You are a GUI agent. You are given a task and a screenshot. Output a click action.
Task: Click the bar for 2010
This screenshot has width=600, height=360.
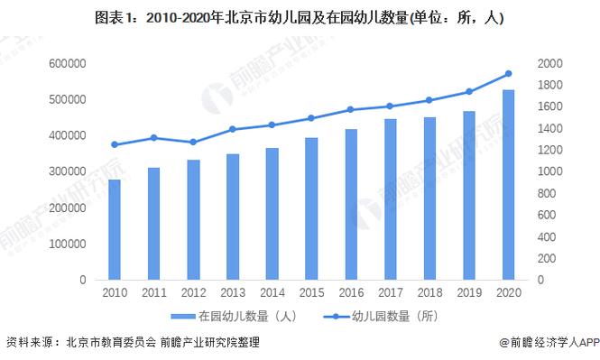point(115,230)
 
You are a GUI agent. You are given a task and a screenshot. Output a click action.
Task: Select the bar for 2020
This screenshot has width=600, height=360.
point(509,185)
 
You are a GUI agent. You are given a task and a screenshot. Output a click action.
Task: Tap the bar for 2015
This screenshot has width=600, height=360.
point(311,208)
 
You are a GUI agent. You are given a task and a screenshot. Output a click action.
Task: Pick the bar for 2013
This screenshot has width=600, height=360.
point(233,217)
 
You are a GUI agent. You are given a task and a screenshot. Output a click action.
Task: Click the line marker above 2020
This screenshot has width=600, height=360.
point(509,74)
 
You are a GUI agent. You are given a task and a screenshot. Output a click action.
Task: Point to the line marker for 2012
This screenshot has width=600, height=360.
point(193,142)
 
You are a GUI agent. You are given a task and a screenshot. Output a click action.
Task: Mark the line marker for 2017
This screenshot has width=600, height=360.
point(391,106)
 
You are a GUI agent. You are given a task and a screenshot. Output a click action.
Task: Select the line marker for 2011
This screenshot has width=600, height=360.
point(154,138)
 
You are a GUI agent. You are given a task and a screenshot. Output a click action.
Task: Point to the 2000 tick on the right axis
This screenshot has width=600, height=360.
point(551,63)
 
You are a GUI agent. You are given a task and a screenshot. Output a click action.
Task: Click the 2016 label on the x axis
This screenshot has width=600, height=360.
point(351,293)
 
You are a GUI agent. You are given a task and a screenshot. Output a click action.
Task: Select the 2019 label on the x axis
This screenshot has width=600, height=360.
point(469,293)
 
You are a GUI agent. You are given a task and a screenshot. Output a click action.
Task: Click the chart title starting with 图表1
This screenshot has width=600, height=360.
point(299,17)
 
